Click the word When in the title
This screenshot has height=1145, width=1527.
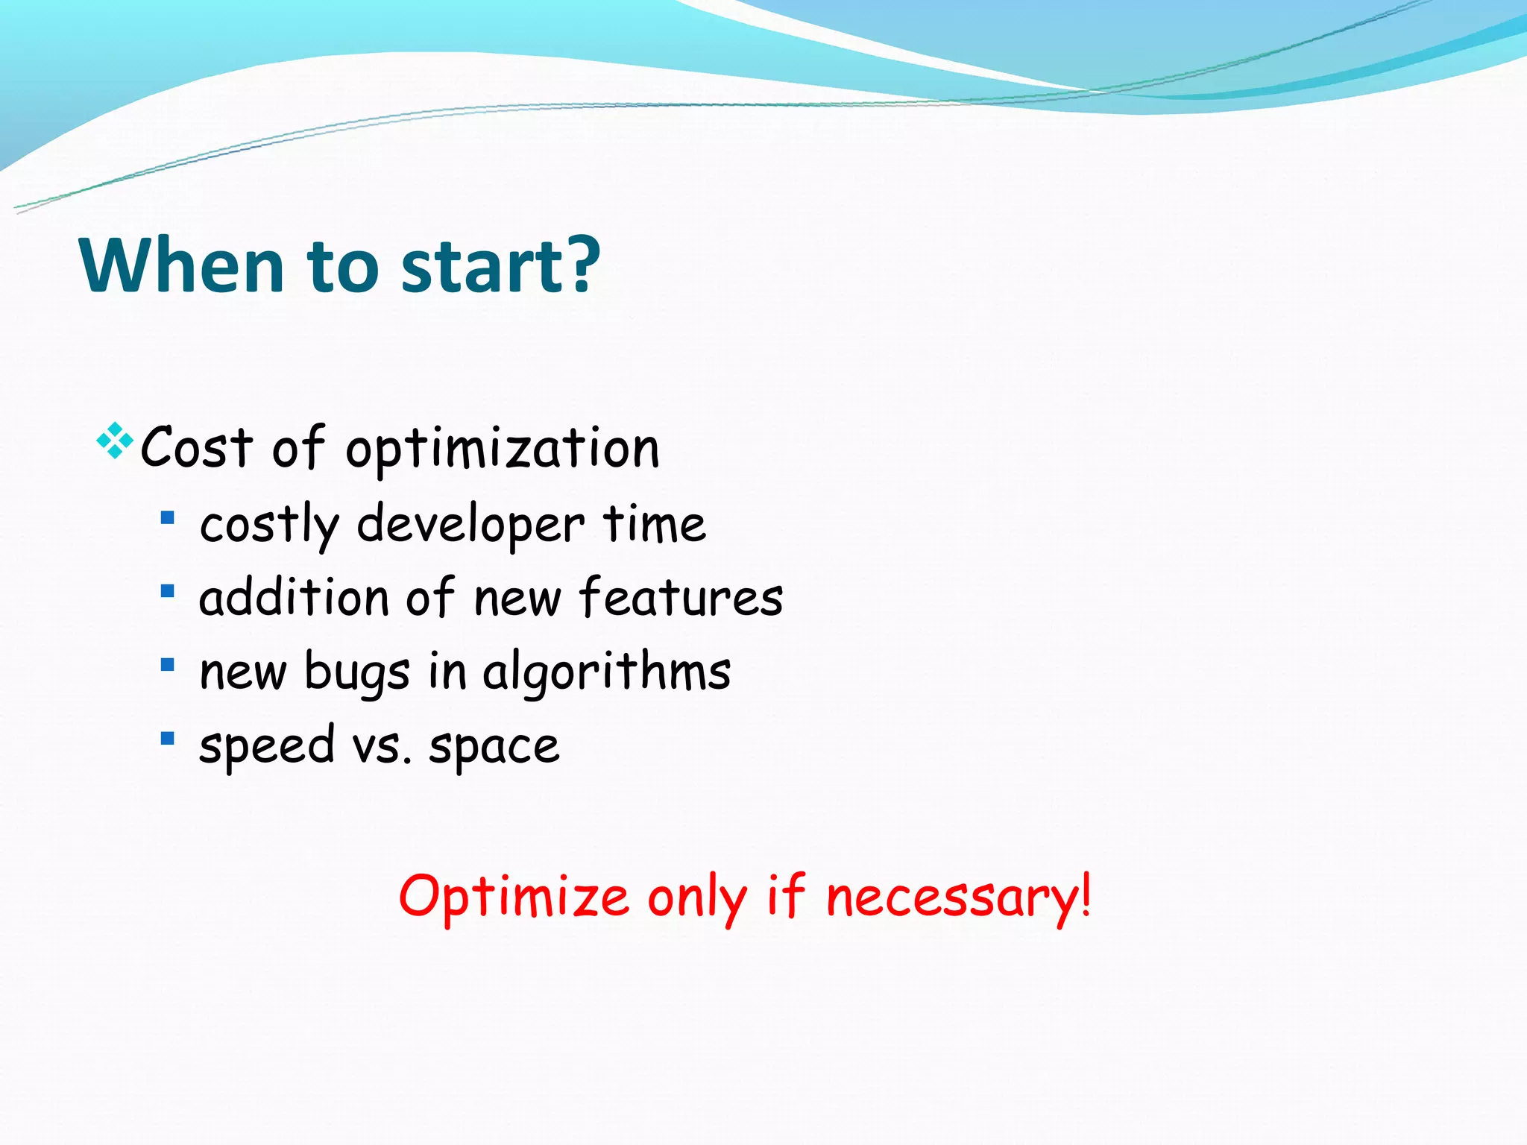click(x=181, y=265)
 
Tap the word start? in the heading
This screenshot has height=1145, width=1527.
click(x=500, y=265)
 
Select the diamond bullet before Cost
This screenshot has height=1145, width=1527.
click(x=115, y=441)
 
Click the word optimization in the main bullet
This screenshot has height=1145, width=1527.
click(x=503, y=450)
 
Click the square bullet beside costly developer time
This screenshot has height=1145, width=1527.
click(x=167, y=517)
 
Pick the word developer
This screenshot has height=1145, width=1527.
click(x=470, y=524)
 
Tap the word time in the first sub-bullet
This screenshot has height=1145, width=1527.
click(x=654, y=523)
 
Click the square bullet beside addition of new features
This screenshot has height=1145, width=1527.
click(x=167, y=591)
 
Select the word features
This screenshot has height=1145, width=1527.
click(x=681, y=598)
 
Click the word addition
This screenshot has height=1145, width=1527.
click(x=294, y=598)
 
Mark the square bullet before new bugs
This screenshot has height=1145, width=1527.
click(x=167, y=664)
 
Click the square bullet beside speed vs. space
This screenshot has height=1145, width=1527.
click(x=167, y=739)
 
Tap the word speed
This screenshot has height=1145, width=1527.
click(x=267, y=746)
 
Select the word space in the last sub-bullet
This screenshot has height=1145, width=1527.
click(x=494, y=746)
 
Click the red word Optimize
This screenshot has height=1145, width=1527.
click(x=514, y=896)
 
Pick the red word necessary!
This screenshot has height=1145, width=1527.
click(x=958, y=898)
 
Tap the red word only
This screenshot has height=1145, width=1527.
click(x=696, y=898)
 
